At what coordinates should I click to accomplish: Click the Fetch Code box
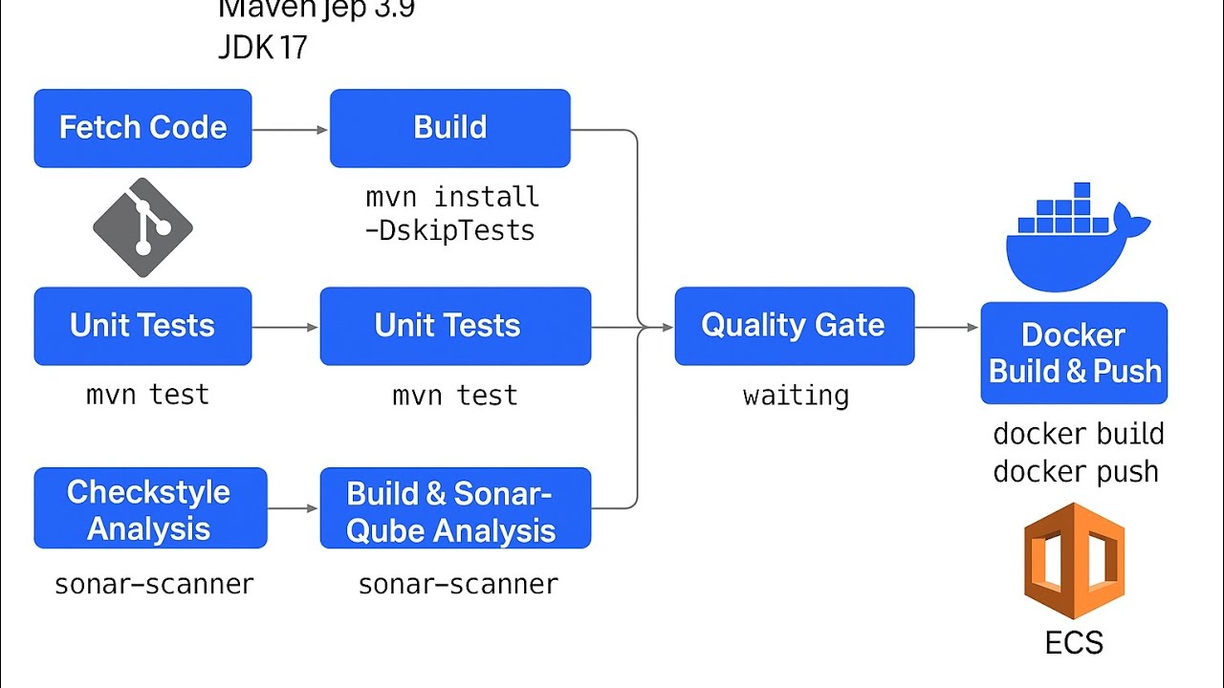tap(142, 128)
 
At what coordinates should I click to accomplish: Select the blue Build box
tap(449, 128)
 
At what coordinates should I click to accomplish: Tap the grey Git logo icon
tap(142, 227)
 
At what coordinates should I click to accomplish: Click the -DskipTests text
tap(449, 230)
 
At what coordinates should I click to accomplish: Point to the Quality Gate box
tap(794, 326)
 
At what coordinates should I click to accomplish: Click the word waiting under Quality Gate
tap(796, 395)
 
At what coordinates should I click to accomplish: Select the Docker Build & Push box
tap(1074, 353)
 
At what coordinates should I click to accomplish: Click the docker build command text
tap(1079, 434)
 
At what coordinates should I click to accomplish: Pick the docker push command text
tap(1076, 471)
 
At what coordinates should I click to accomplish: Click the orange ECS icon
tap(1074, 561)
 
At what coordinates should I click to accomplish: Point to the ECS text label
tap(1074, 643)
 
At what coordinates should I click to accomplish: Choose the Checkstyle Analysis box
tap(150, 508)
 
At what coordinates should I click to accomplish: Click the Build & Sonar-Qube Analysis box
tap(455, 508)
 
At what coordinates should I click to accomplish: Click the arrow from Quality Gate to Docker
tap(947, 328)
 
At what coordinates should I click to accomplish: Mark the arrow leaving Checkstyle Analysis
tap(293, 508)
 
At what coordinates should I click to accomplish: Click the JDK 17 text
tap(263, 48)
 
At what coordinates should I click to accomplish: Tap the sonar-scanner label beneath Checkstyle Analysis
tap(154, 584)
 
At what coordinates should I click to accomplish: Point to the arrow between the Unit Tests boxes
tap(285, 327)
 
